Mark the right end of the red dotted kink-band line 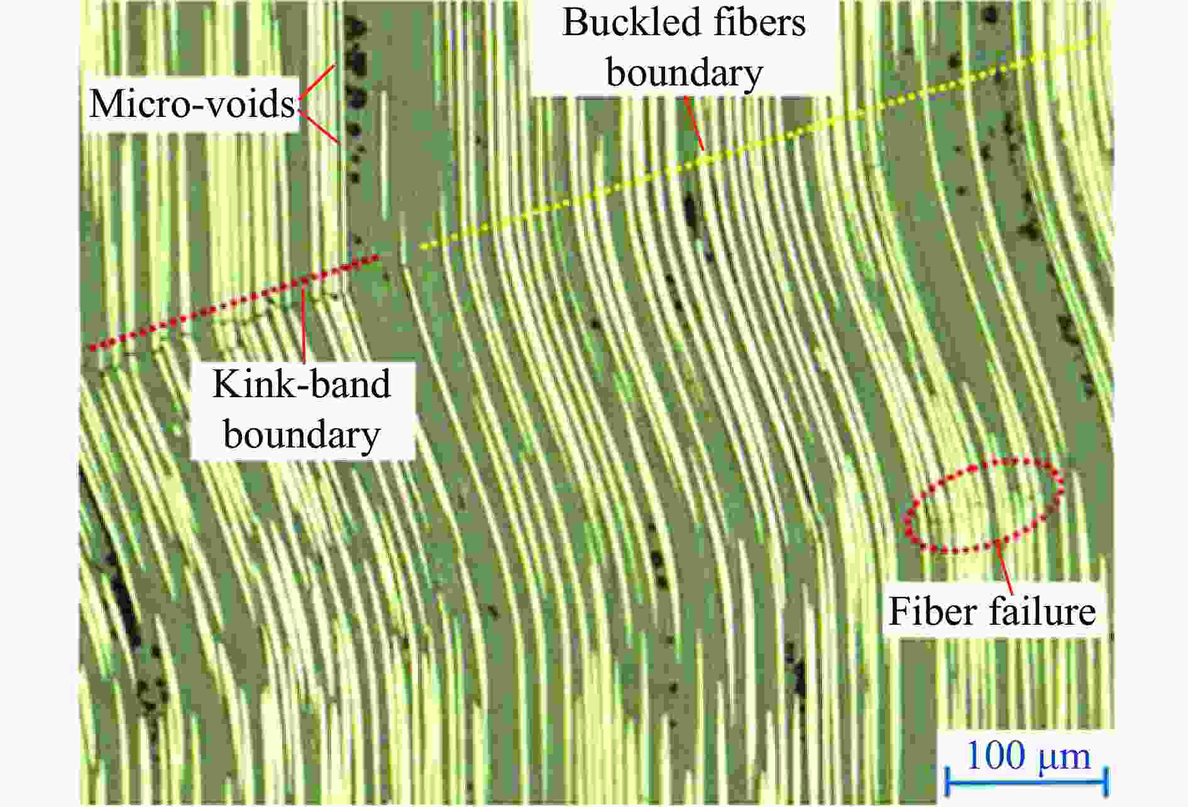coord(377,256)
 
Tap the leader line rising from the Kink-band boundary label coord(304,324)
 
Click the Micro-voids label coord(192,104)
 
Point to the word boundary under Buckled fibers coord(684,73)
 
